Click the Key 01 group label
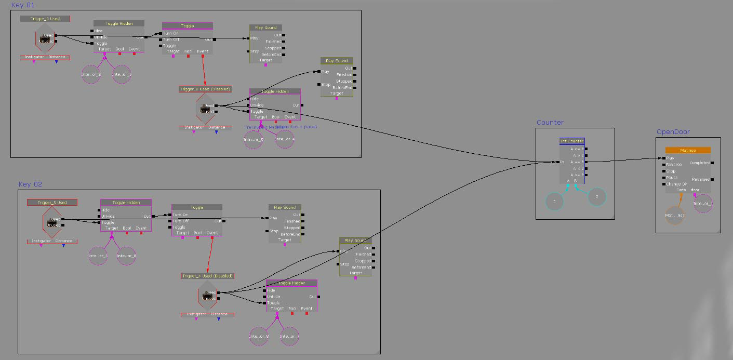click(x=23, y=5)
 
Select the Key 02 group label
click(x=30, y=184)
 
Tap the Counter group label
click(x=550, y=123)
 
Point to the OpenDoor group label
click(x=673, y=131)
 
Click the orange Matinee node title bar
click(x=687, y=150)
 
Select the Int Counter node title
click(x=571, y=141)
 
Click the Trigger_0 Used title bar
click(x=45, y=19)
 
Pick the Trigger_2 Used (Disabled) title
click(x=205, y=89)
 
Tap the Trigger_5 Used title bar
click(x=52, y=203)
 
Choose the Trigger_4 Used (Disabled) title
click(x=207, y=276)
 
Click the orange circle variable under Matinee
click(x=674, y=215)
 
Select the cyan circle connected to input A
click(x=554, y=201)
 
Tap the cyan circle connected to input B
click(x=597, y=196)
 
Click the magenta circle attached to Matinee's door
click(x=702, y=204)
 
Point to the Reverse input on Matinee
click(x=673, y=165)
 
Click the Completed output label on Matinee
click(x=699, y=163)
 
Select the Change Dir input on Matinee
click(x=676, y=184)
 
